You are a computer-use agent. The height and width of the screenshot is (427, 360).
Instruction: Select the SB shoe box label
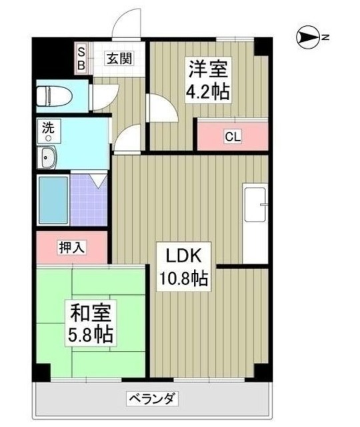pos(81,58)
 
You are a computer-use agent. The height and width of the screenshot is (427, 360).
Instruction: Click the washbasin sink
pos(48,158)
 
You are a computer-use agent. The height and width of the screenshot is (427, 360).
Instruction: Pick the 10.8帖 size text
pos(183,278)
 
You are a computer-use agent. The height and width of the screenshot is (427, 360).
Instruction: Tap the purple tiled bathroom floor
pos(89,200)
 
